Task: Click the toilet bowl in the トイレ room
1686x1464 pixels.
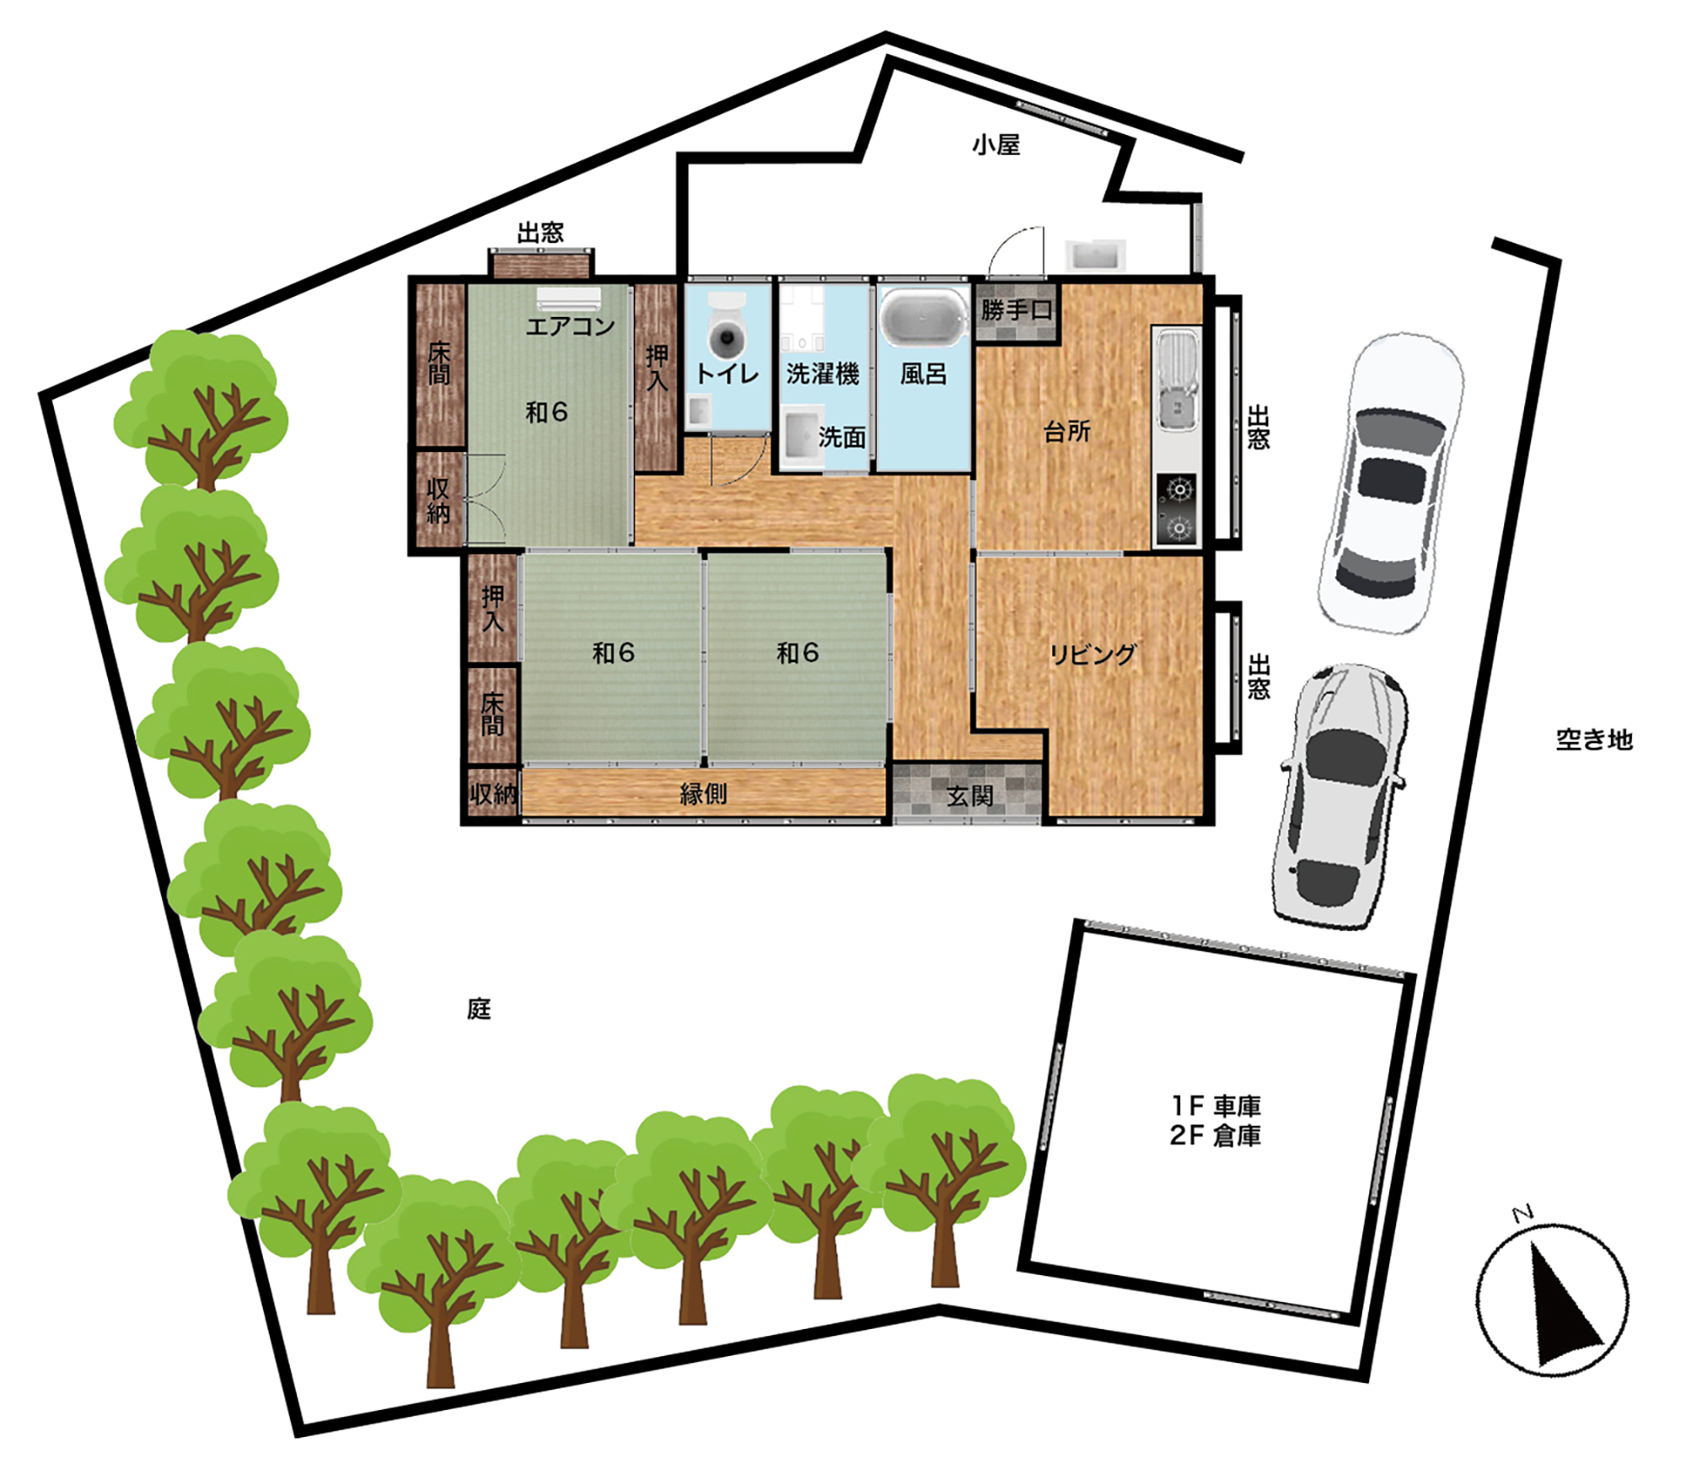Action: point(727,330)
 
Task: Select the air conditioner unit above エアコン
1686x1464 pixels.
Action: point(569,299)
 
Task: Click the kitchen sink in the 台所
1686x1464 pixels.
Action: point(1177,379)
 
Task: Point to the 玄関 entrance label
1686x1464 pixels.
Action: point(969,795)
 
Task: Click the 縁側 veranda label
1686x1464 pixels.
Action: point(703,794)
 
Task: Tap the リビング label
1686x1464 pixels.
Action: point(1093,654)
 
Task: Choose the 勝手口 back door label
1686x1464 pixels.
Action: point(1017,310)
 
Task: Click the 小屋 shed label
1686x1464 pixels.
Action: point(996,145)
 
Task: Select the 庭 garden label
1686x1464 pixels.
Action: point(479,1009)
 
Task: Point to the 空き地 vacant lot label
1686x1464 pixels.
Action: point(1594,740)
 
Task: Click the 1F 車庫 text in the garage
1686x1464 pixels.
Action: point(1216,1106)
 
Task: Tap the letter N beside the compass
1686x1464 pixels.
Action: point(1522,1214)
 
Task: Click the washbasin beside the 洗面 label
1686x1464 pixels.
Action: point(802,436)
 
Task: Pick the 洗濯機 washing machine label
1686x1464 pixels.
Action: point(822,374)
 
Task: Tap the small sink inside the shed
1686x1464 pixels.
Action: point(1095,254)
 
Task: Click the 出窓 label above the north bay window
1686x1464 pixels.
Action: point(540,233)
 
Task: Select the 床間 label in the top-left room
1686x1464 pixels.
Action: point(439,363)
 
